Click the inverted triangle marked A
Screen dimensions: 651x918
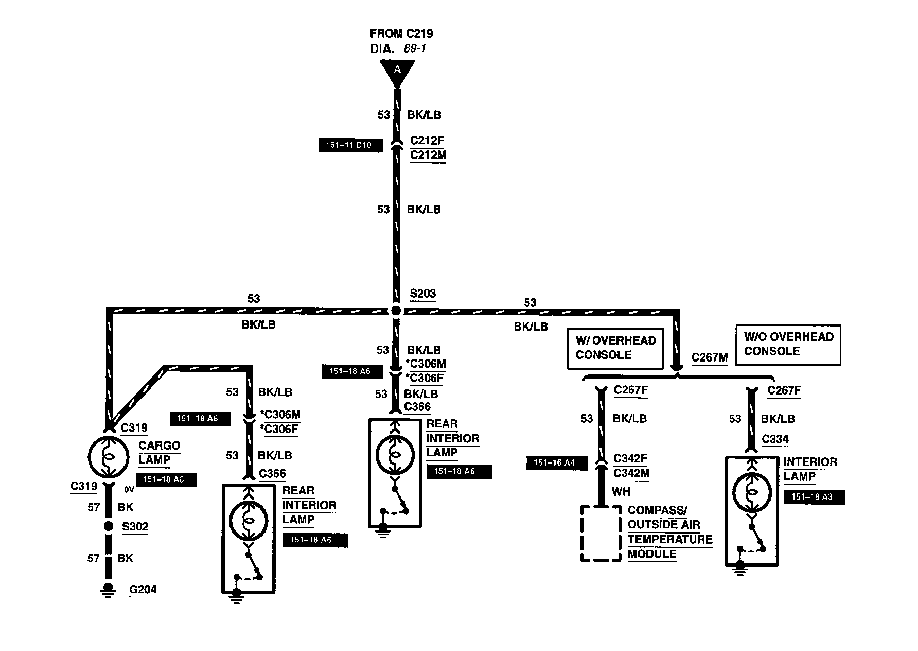(x=397, y=71)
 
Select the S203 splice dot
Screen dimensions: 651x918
(x=395, y=310)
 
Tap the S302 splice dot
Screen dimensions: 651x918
(x=108, y=526)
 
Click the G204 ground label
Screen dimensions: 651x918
(x=143, y=589)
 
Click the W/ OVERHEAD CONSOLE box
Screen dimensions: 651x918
(x=615, y=348)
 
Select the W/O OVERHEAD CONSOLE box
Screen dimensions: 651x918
(x=788, y=344)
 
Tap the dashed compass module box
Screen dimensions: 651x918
(x=601, y=534)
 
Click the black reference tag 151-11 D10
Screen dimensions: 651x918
(x=351, y=146)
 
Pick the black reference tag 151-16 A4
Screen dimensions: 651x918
(x=557, y=463)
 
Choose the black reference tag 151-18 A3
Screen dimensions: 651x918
(x=815, y=497)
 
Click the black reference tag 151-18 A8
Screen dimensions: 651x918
(x=166, y=479)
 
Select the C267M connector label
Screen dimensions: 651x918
(x=709, y=357)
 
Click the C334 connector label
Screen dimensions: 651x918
(x=775, y=439)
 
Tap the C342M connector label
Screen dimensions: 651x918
(x=631, y=473)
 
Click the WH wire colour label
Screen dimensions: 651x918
(x=621, y=492)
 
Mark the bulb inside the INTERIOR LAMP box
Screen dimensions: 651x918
(x=751, y=493)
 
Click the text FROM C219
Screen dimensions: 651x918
(x=401, y=34)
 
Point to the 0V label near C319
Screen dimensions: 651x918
(x=129, y=490)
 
